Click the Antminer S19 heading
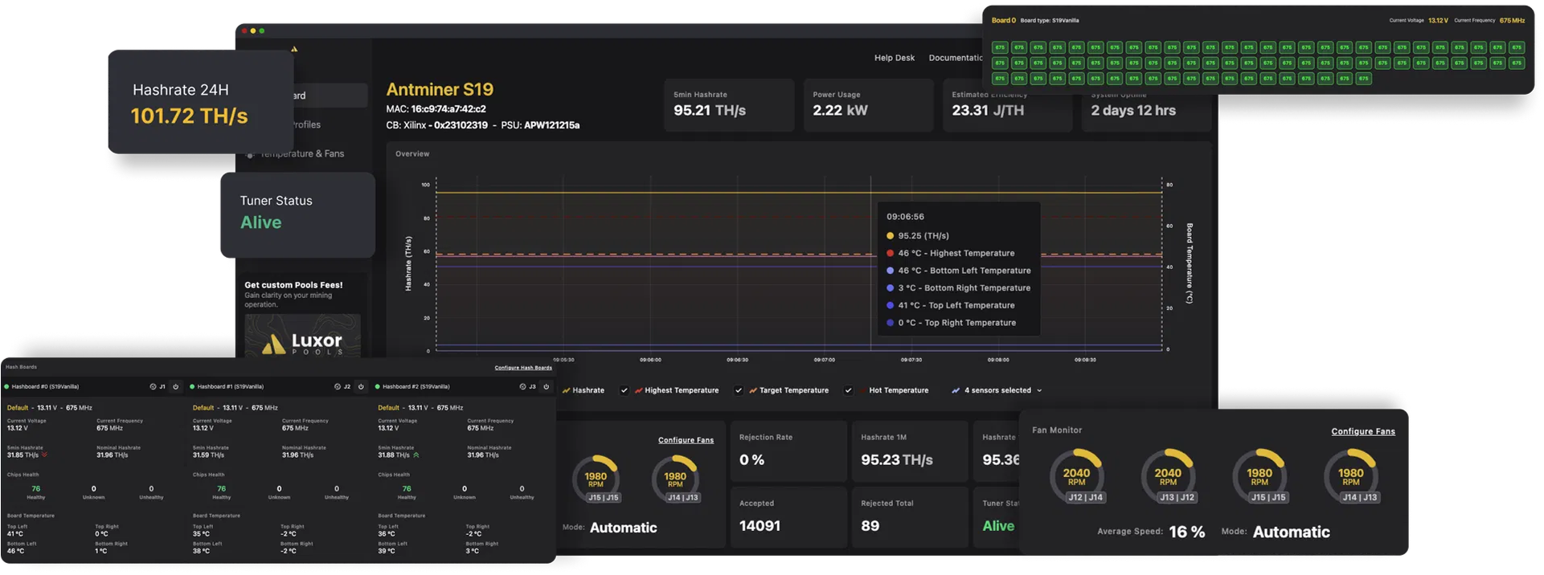coord(440,90)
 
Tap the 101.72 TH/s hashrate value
coord(189,116)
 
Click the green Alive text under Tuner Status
coord(261,222)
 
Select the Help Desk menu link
coord(895,58)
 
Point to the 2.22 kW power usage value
coord(840,111)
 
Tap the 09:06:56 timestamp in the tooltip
coord(905,217)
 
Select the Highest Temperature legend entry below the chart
coord(681,390)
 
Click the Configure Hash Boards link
coord(523,368)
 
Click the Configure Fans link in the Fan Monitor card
coord(1363,431)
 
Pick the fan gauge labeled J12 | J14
coord(1076,479)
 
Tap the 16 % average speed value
coord(1187,532)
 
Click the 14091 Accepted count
coord(760,526)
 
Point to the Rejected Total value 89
coord(870,526)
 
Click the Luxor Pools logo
coord(303,342)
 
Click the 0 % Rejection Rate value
coord(752,460)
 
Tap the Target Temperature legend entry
coord(793,390)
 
